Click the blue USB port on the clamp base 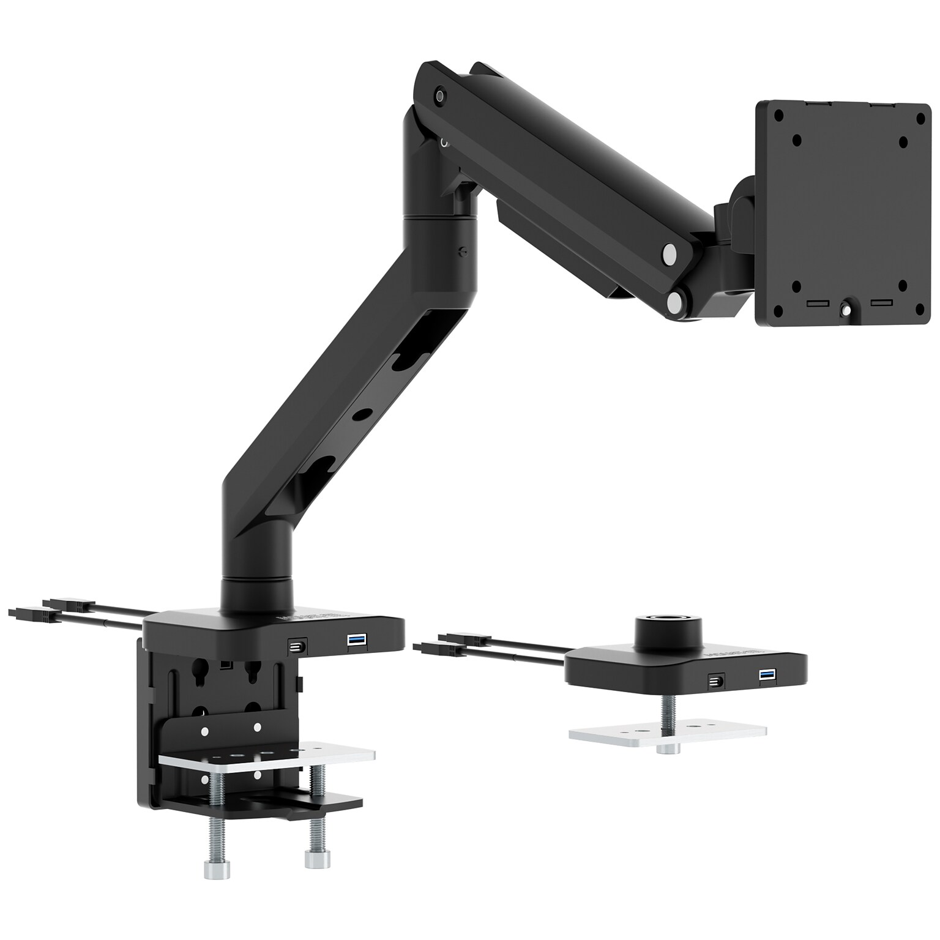pos(356,640)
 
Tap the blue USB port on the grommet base pos(767,675)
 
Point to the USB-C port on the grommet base pos(715,681)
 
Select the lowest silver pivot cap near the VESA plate pos(676,301)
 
